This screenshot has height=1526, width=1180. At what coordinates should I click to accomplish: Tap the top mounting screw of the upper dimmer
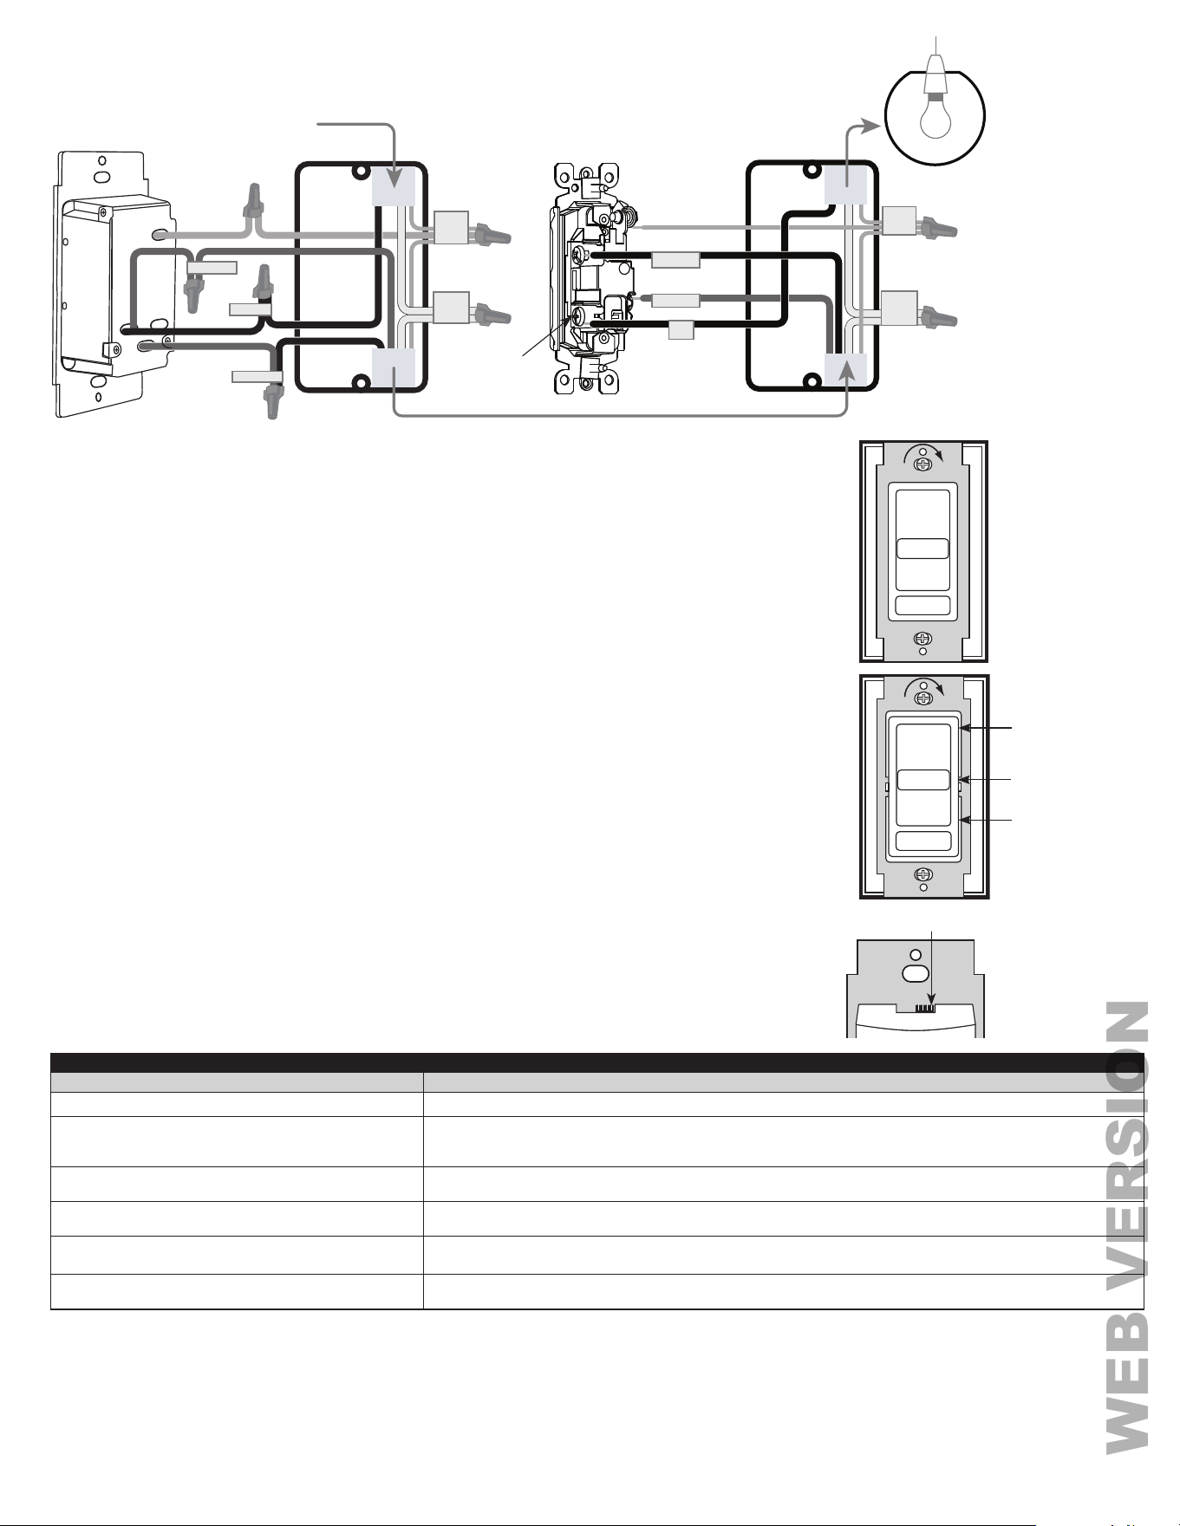923,464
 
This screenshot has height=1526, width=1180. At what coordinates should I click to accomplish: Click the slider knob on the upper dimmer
922,549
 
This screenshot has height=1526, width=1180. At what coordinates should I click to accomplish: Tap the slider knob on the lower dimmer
922,780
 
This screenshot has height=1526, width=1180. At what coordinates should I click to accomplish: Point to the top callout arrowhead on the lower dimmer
964,730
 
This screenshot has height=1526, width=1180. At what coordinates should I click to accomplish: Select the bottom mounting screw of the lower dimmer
923,874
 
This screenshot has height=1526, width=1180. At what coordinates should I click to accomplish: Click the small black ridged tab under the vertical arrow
927,1008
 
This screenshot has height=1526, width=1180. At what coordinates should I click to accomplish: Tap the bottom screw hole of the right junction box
811,380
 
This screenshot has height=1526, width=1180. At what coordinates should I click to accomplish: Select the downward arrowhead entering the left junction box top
394,180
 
